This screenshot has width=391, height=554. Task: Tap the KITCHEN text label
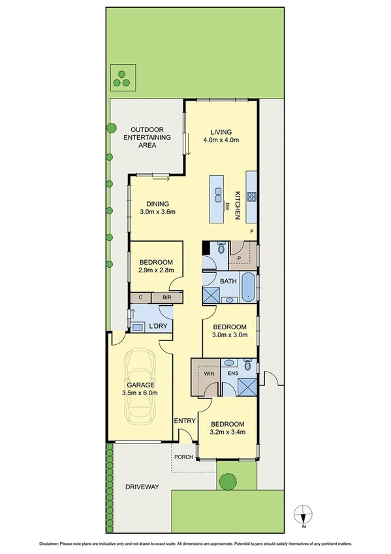[x=238, y=205]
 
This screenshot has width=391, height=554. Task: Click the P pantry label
[x=240, y=258]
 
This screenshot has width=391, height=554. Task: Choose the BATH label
[x=228, y=282]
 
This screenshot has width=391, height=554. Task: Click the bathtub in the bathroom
[x=249, y=288]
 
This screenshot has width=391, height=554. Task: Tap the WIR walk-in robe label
[x=209, y=374]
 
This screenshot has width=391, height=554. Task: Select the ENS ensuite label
[x=232, y=374]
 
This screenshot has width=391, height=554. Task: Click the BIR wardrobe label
[x=166, y=297]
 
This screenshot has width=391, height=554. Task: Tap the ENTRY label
[x=185, y=421]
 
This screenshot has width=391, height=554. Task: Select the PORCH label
[x=183, y=457]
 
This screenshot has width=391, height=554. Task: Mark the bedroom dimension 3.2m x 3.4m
[x=228, y=432]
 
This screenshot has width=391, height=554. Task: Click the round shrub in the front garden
[x=227, y=482]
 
